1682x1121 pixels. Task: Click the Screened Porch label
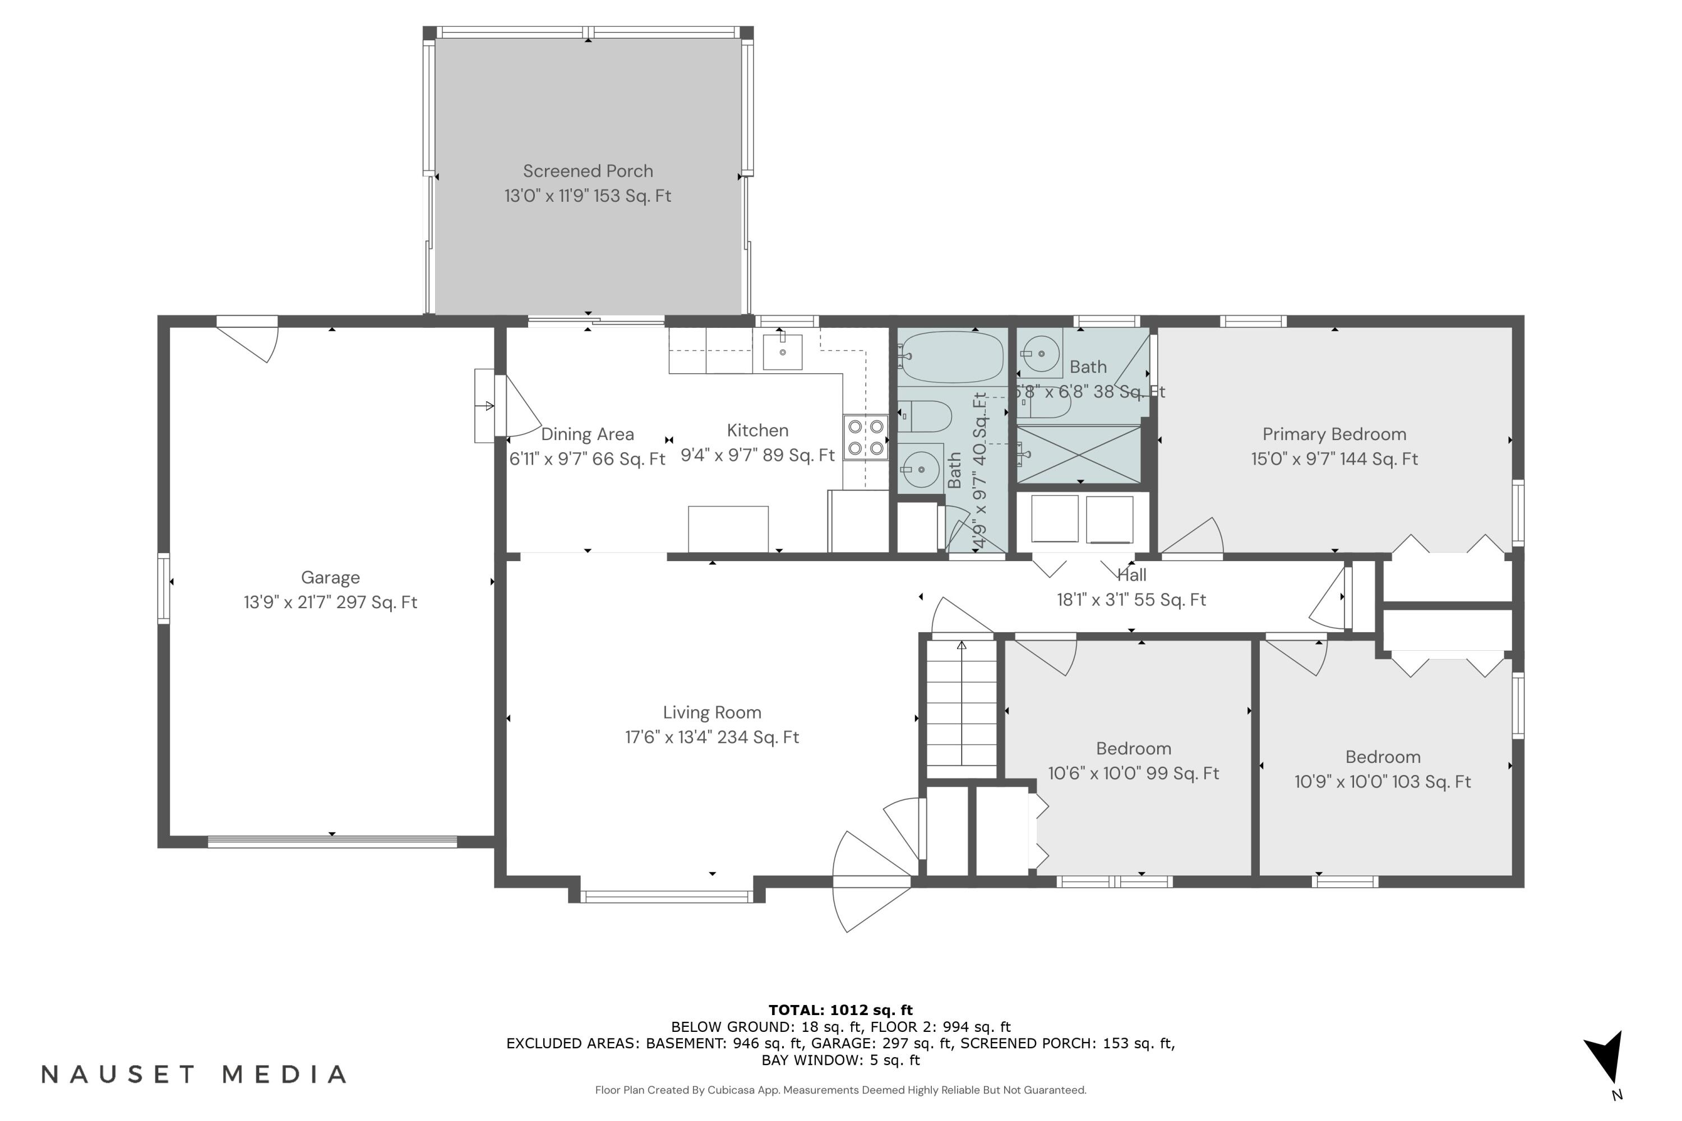click(587, 172)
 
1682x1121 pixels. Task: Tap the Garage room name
click(330, 577)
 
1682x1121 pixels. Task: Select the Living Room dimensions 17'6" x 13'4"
click(711, 737)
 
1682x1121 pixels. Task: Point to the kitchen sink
click(782, 352)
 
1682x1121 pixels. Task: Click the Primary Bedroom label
click(1334, 434)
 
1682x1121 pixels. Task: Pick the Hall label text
click(1131, 575)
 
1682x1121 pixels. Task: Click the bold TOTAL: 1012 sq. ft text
click(840, 1010)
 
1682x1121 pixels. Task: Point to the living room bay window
click(666, 895)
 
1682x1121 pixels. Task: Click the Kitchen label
click(757, 430)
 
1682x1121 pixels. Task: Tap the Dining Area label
click(587, 434)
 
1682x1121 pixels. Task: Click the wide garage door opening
click(332, 841)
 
